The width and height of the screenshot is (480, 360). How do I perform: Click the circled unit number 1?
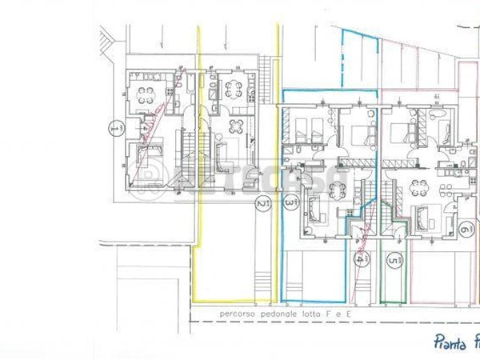point(117,128)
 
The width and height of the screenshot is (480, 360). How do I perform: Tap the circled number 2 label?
point(261,205)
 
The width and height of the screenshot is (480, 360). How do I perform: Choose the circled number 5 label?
point(392,260)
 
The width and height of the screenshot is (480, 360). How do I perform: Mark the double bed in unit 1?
point(150,152)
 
